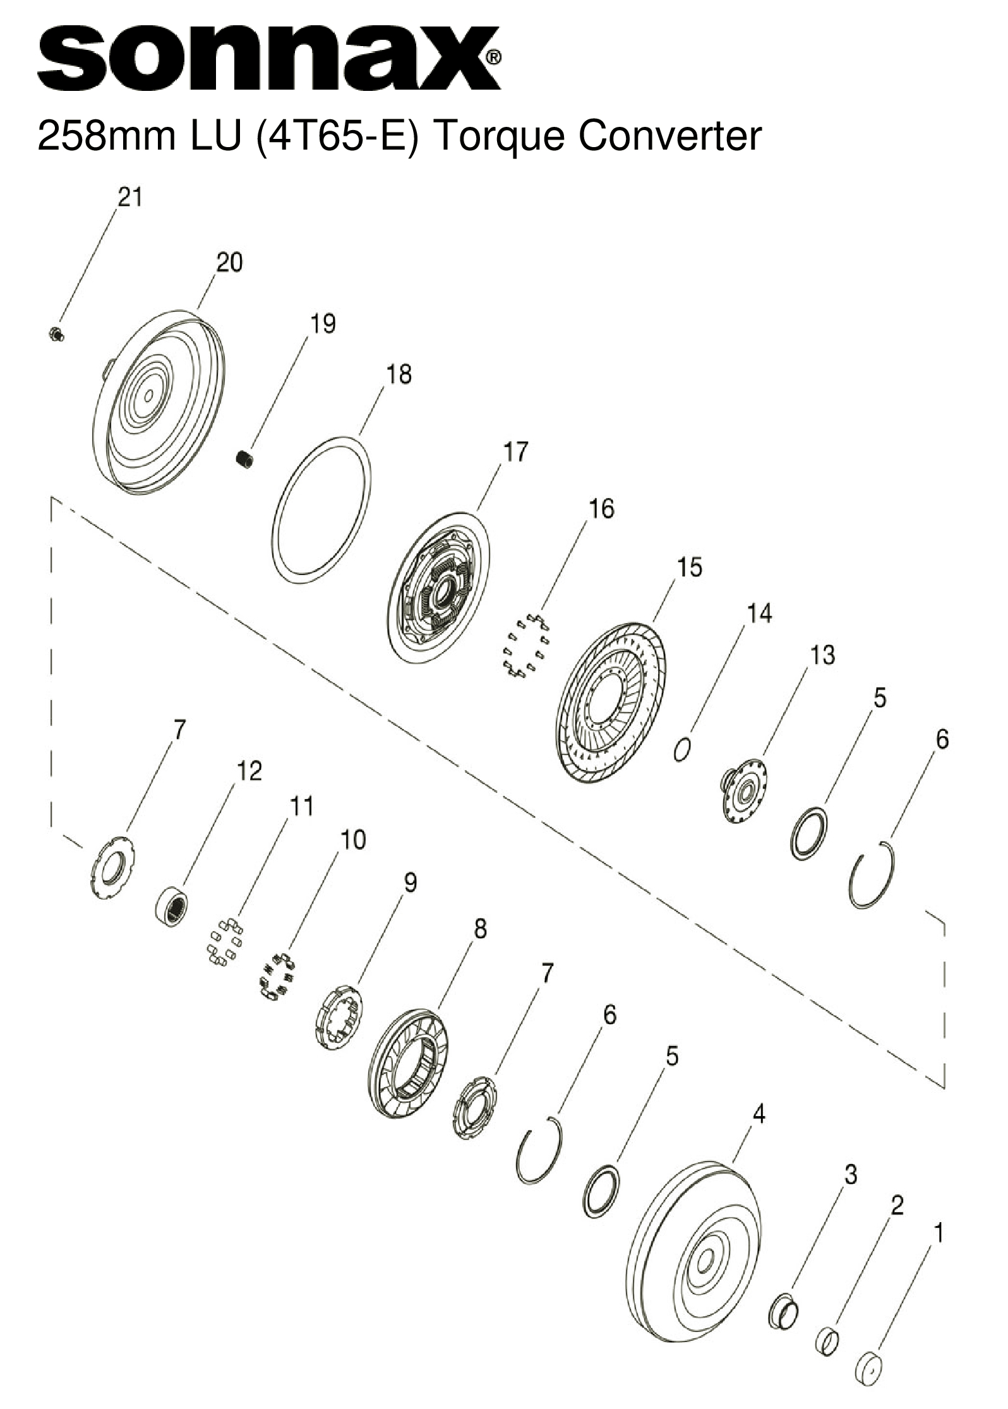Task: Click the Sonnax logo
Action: click(x=268, y=58)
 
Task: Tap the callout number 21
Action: click(x=129, y=198)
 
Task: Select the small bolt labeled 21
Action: click(x=56, y=333)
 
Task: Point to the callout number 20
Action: click(x=229, y=262)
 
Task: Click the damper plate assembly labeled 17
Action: click(x=438, y=587)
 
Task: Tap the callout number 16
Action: click(x=601, y=508)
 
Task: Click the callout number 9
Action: click(x=411, y=882)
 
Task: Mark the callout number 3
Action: click(x=851, y=1175)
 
